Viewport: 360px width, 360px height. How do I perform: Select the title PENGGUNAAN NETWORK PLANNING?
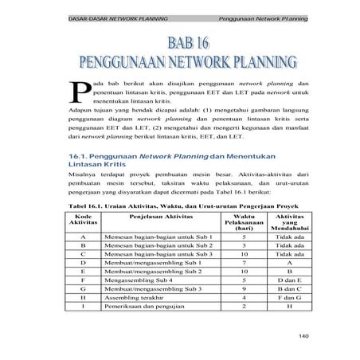(x=179, y=64)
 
